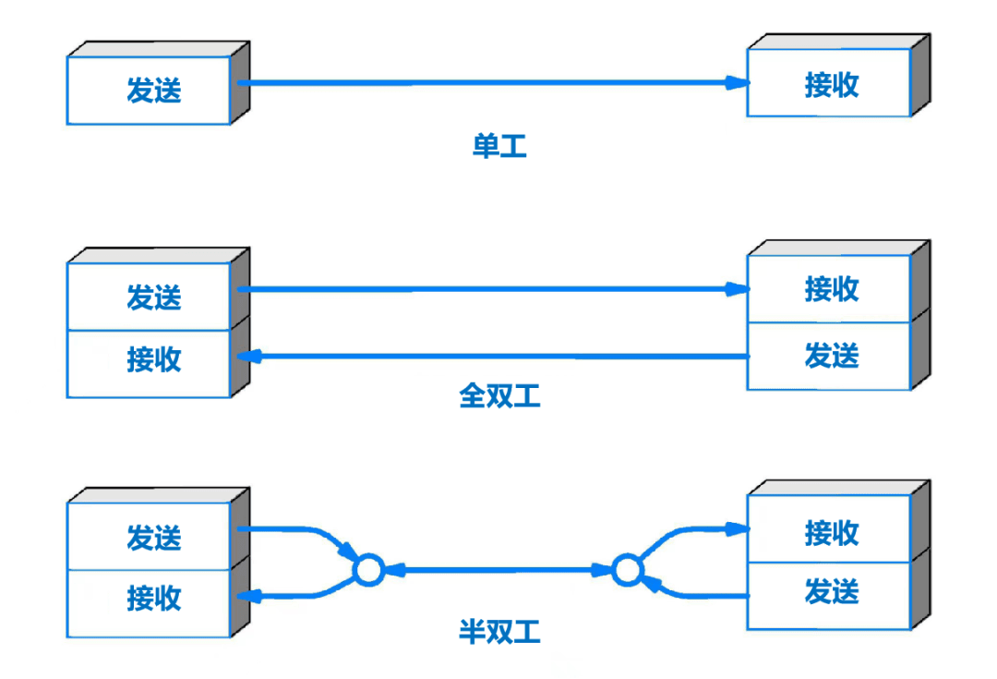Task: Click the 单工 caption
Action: pos(499,146)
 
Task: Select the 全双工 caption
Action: pos(499,395)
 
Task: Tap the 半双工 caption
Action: pos(499,632)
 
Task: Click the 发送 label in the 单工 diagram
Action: pos(154,90)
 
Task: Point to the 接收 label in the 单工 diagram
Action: pos(832,85)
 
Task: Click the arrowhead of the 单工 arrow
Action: pos(738,83)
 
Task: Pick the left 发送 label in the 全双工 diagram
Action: pos(154,297)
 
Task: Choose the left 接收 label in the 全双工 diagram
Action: pos(154,359)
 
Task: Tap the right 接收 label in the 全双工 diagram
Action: pos(832,289)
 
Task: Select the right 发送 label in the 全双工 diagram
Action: pos(832,355)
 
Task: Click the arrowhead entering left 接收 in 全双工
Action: pos(249,357)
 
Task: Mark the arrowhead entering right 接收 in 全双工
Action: pos(738,289)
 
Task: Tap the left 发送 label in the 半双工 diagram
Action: pos(154,538)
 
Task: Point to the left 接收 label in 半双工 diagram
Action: pos(154,599)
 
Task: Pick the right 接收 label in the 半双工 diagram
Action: pos(832,533)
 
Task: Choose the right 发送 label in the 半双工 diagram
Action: pos(832,591)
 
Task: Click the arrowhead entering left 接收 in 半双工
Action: pos(249,596)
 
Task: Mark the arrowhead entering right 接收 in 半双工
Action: pos(738,528)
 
